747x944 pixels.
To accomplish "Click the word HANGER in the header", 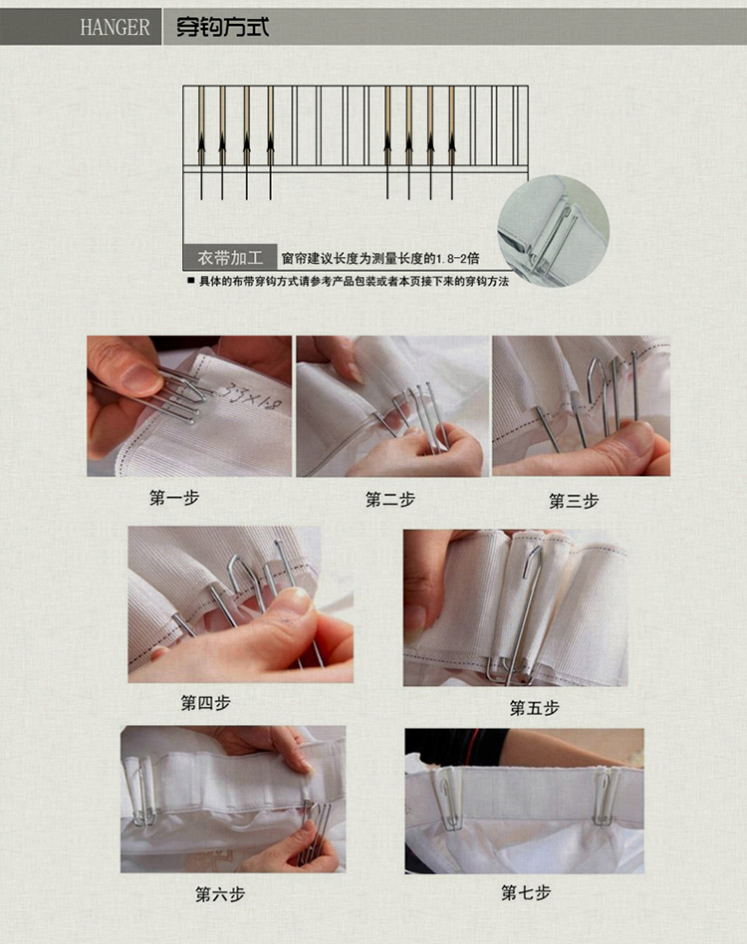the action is [115, 27].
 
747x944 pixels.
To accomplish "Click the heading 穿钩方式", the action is [222, 27].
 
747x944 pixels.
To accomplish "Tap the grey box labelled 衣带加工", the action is [230, 258].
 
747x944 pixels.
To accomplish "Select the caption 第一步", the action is [174, 498].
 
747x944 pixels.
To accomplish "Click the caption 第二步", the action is [390, 499].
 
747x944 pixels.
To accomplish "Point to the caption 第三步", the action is [574, 501].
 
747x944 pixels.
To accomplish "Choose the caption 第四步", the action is [206, 703].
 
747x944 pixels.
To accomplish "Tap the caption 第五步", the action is [535, 707].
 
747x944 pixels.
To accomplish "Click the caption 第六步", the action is [220, 894].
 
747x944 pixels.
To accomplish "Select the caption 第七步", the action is [526, 892].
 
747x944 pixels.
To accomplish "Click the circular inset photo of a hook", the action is [553, 232].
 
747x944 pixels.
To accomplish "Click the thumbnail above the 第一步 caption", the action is [189, 406].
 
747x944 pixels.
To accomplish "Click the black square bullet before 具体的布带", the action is [191, 280].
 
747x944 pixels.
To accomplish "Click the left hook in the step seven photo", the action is [448, 799].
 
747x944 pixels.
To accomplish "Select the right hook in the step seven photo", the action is [605, 796].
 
